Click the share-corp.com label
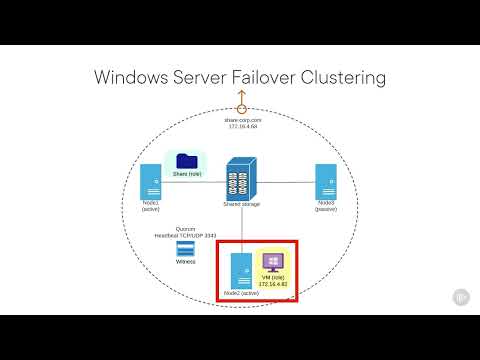tap(240, 119)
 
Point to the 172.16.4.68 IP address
tap(240, 126)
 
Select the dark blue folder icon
tap(186, 161)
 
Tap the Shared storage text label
tap(241, 204)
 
